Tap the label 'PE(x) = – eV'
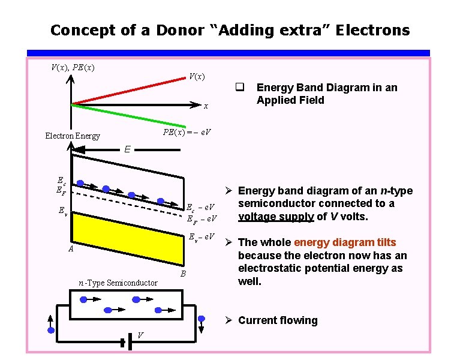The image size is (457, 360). [187, 131]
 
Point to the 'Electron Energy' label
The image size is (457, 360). [73, 136]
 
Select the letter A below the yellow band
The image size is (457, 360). [70, 250]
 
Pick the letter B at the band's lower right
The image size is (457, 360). [184, 274]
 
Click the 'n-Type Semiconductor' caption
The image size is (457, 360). [118, 283]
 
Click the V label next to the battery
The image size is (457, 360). [139, 335]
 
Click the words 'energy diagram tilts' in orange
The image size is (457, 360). [345, 242]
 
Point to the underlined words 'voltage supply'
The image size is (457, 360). [276, 216]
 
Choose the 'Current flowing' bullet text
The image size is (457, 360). [278, 320]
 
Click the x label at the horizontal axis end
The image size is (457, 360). [206, 106]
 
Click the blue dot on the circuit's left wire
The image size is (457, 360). [51, 330]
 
